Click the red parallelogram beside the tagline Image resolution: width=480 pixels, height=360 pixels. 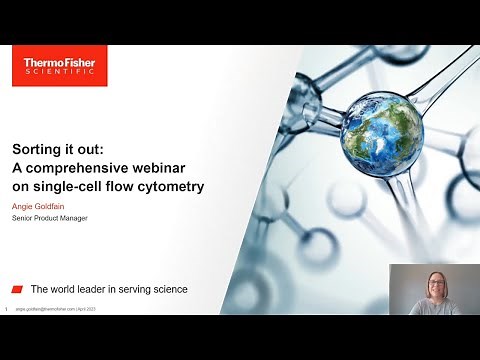click(x=17, y=289)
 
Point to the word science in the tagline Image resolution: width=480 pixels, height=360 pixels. click(x=169, y=289)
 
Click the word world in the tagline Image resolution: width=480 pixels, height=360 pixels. click(x=66, y=289)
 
